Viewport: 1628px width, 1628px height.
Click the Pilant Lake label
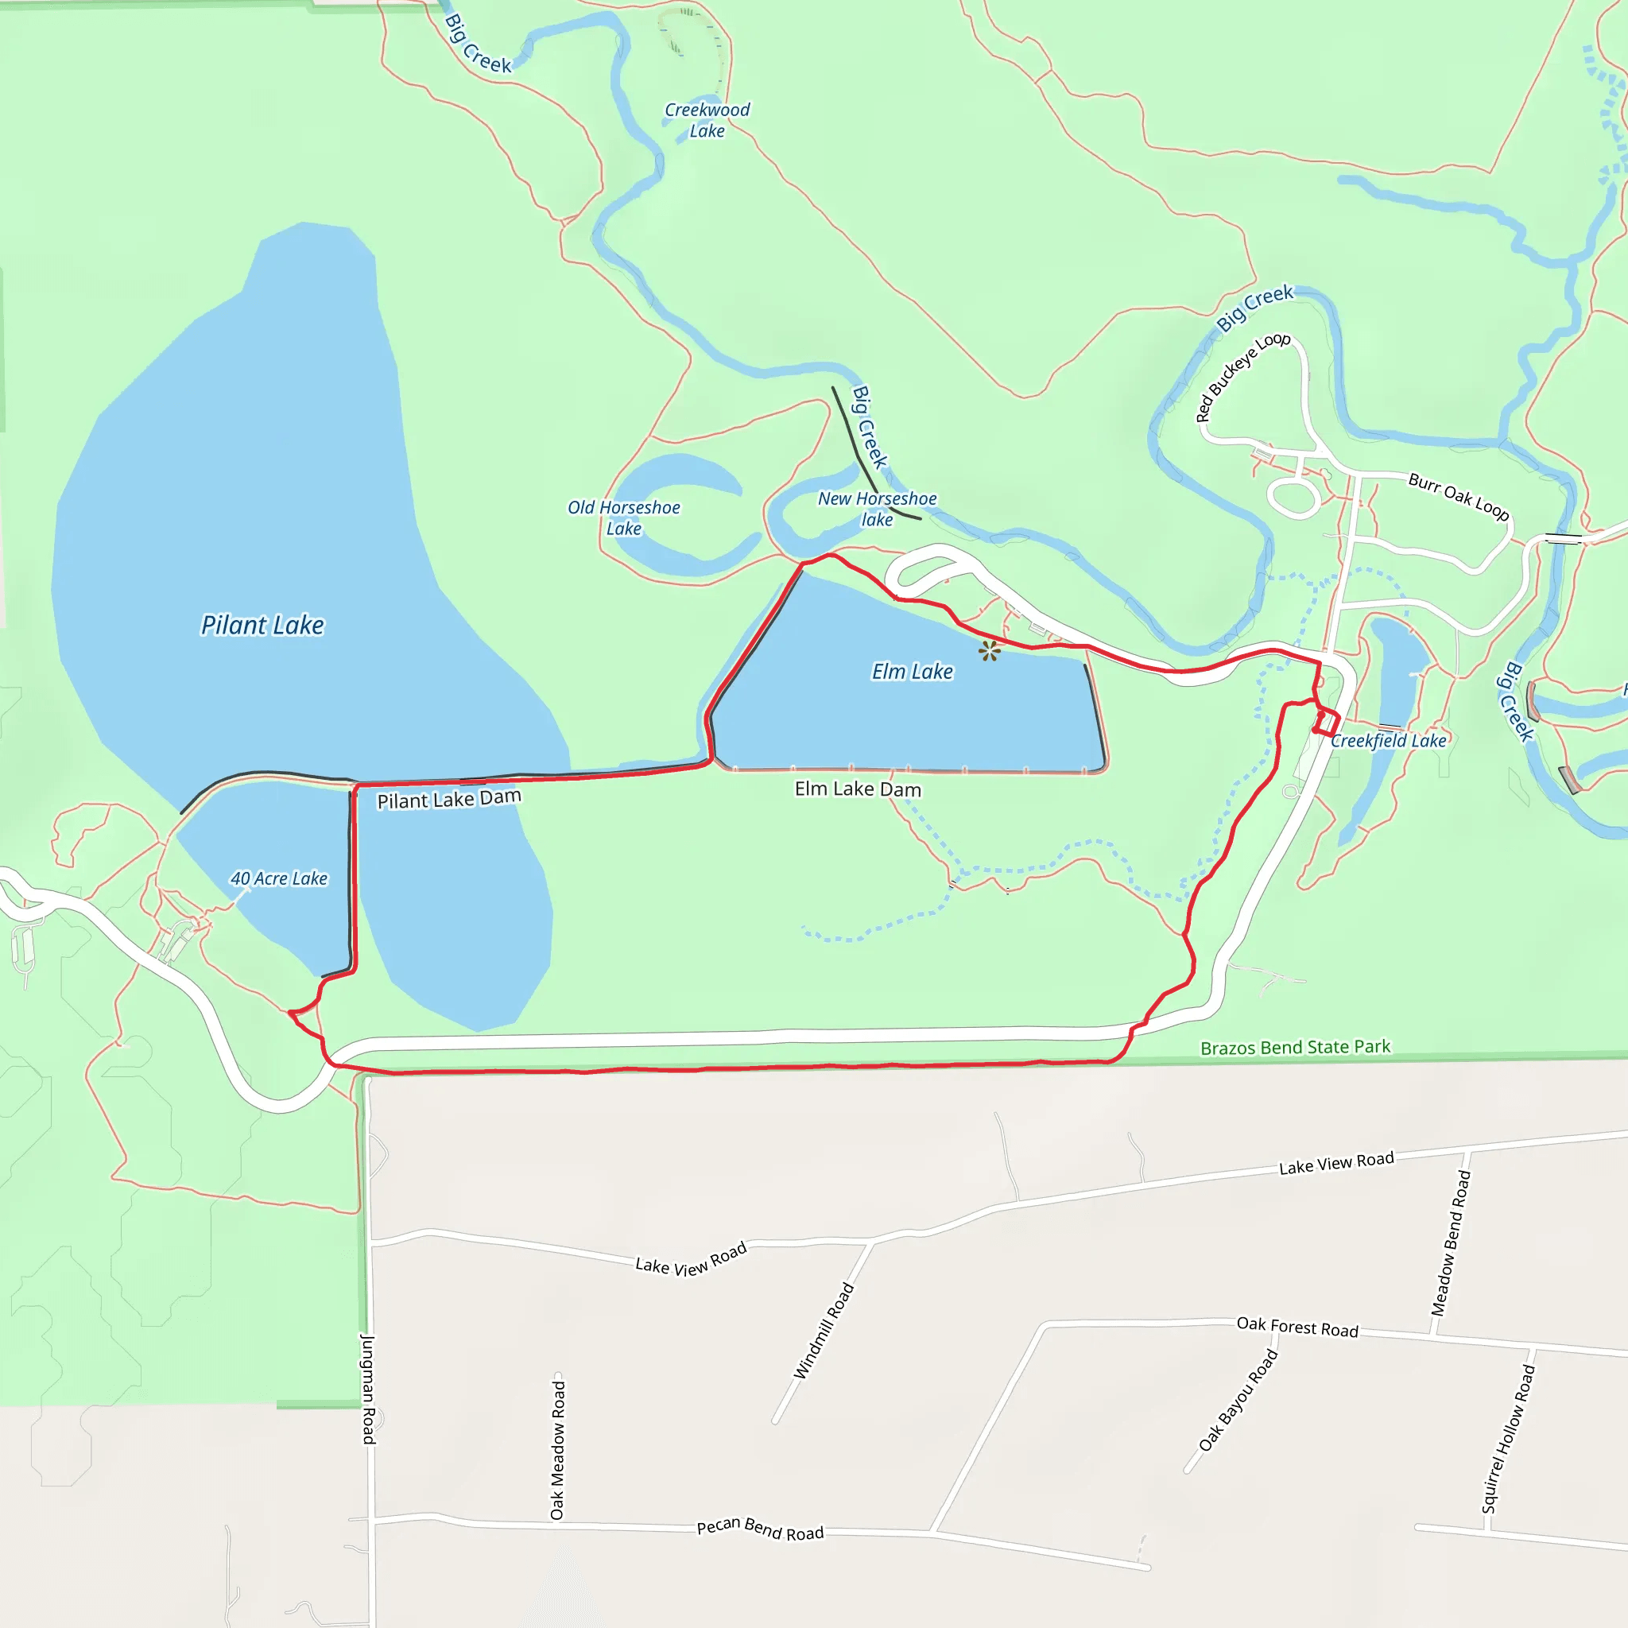coord(262,626)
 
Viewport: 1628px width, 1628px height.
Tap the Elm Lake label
coord(913,672)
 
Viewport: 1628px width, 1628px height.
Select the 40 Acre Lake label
coord(279,878)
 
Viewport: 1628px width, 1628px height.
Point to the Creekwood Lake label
coord(707,121)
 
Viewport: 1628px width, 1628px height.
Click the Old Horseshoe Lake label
coord(623,518)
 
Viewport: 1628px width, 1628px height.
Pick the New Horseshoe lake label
coord(878,509)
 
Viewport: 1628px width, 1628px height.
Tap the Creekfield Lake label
coord(1388,741)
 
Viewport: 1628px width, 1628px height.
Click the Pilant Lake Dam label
coord(449,799)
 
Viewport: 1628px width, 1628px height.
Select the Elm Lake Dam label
coord(858,789)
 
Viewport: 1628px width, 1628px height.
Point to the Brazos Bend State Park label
coord(1295,1048)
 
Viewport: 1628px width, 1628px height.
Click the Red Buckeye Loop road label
coord(1243,376)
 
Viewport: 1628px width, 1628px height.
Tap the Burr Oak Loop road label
coord(1459,496)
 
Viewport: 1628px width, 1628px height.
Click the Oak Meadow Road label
coord(558,1449)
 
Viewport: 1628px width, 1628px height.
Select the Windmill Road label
coord(824,1331)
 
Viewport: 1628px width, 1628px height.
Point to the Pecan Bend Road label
coord(760,1529)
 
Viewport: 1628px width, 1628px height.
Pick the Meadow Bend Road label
coord(1451,1243)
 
